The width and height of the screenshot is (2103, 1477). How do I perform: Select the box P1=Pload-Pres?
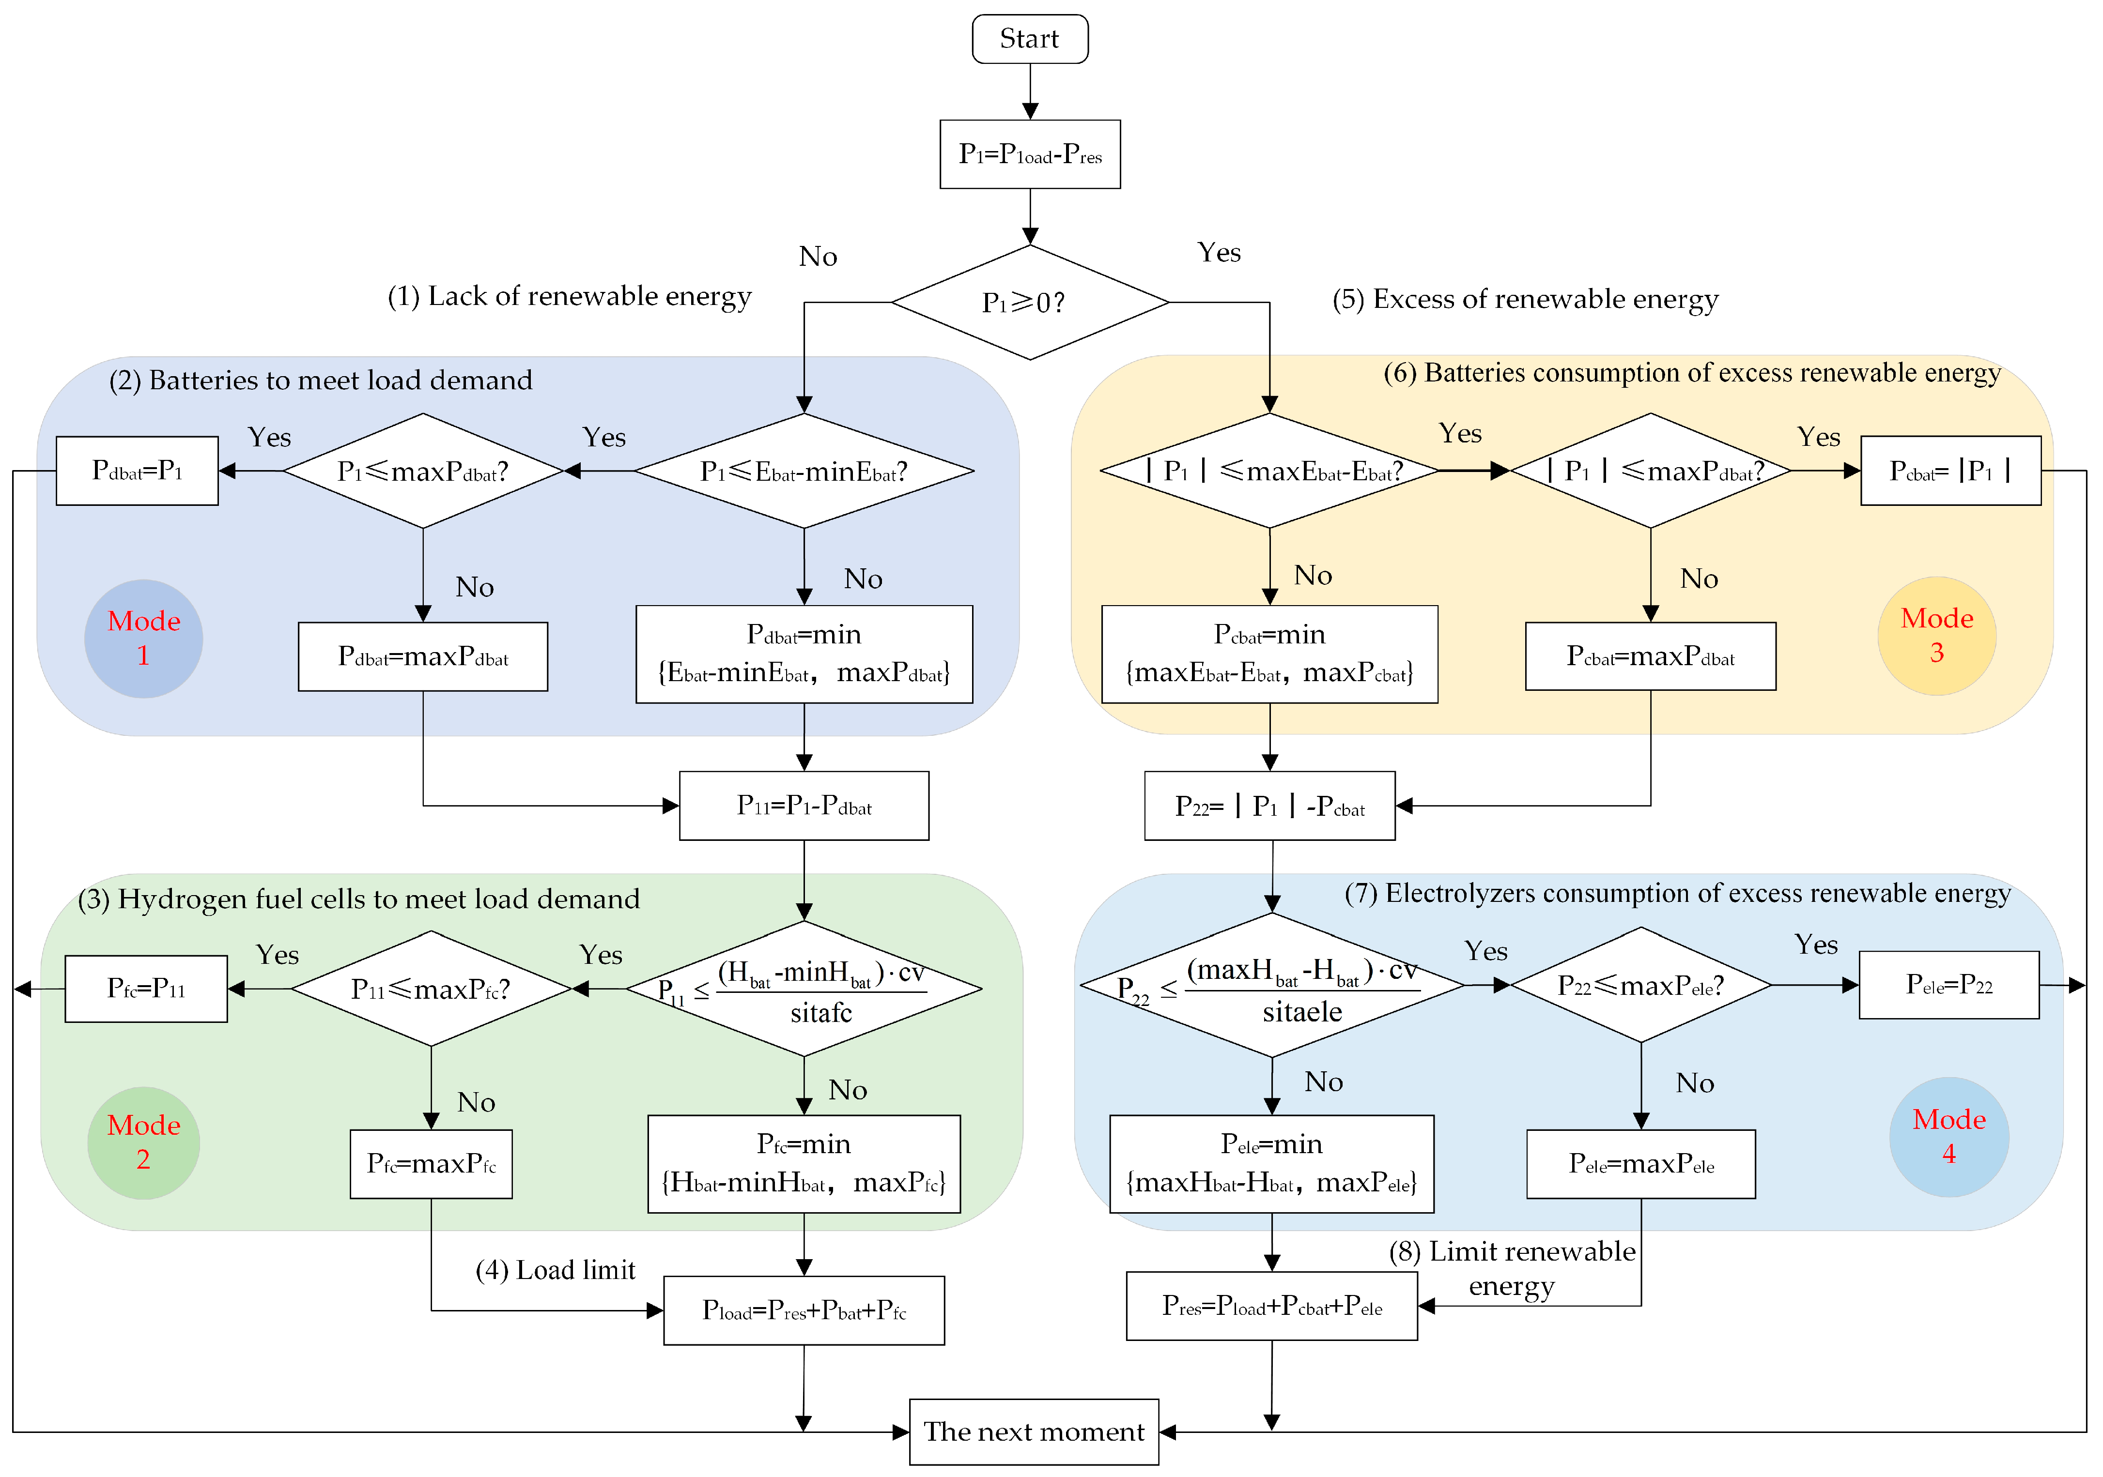tap(1030, 154)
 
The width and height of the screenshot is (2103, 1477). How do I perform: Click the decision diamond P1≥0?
tap(1030, 302)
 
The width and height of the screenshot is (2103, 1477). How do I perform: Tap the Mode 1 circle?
tap(143, 638)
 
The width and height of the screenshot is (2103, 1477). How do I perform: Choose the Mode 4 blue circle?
tap(1948, 1136)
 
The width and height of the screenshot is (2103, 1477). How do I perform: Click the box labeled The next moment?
tap(1033, 1431)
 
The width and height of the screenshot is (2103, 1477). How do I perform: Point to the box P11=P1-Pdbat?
tap(804, 806)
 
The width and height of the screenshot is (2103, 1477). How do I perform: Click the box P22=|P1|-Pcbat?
tap(1269, 806)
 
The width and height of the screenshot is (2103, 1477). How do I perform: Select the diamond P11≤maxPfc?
tap(431, 989)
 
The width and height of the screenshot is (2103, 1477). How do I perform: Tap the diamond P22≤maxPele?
tap(1640, 985)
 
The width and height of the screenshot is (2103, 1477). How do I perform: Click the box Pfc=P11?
tap(146, 989)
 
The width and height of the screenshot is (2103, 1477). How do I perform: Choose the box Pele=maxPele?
tap(1640, 1164)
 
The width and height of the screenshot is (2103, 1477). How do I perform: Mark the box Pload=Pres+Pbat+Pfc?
tap(804, 1310)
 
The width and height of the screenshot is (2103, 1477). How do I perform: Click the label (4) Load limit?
tap(555, 1270)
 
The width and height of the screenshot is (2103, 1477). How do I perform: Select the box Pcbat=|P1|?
tap(1950, 471)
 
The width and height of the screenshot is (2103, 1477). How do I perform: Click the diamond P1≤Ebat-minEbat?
tap(804, 471)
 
